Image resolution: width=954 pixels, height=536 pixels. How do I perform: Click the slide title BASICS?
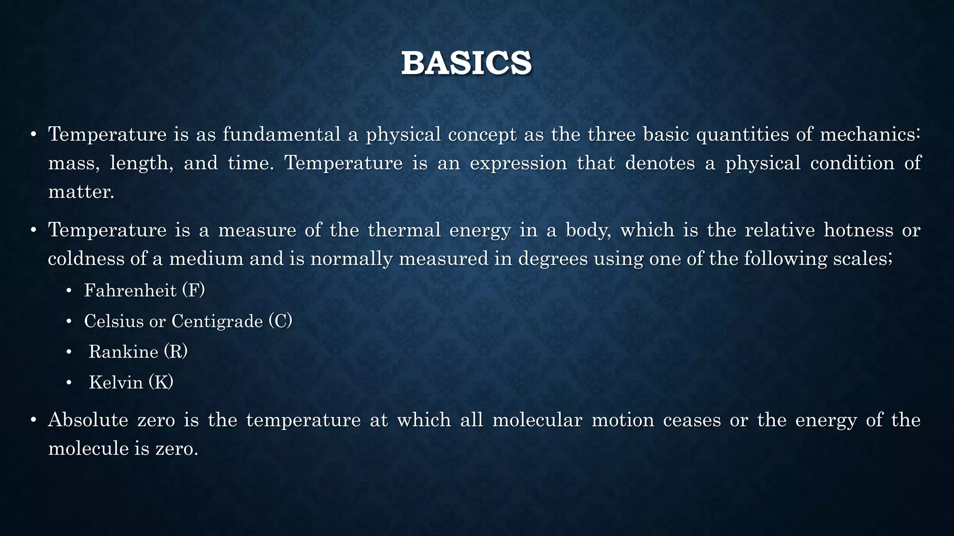tap(466, 63)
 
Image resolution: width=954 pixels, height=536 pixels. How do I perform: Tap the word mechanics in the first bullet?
tap(869, 134)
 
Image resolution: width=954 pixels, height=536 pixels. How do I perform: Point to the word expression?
tap(518, 163)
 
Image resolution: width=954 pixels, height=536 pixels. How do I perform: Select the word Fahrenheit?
tap(130, 290)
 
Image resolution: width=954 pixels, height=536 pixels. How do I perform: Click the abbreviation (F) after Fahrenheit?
tap(193, 290)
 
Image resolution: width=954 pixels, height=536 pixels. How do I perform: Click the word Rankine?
tap(123, 352)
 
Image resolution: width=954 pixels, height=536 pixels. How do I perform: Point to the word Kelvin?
tap(116, 382)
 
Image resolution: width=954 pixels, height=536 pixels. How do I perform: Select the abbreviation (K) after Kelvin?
tap(161, 382)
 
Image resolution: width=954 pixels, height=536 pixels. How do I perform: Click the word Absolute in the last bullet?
tap(88, 420)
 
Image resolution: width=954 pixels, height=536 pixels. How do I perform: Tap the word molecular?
tap(537, 420)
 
